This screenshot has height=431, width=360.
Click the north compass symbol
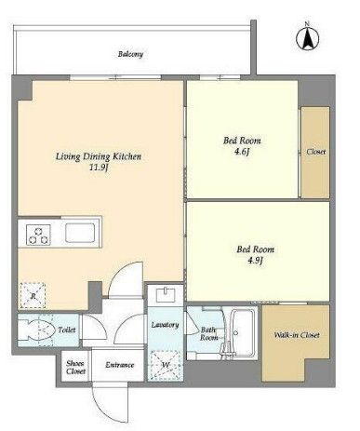[x=307, y=38]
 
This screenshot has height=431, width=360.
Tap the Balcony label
[x=130, y=54]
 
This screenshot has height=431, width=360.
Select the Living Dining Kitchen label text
[x=99, y=156]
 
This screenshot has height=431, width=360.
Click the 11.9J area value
[x=99, y=168]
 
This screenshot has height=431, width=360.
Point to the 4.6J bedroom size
[x=242, y=152]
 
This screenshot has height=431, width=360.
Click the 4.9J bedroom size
[x=255, y=261]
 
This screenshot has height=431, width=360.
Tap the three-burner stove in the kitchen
[x=38, y=235]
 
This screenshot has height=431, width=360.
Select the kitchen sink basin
[x=80, y=233]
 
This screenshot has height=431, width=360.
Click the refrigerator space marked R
[x=33, y=296]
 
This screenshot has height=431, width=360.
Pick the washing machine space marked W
[x=166, y=365]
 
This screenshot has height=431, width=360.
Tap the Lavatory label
[x=165, y=325]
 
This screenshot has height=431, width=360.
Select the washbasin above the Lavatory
[x=166, y=295]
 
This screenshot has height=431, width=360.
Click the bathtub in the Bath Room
[x=244, y=332]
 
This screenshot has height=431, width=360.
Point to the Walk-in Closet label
[x=297, y=335]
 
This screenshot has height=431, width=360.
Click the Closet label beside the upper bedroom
[x=316, y=152]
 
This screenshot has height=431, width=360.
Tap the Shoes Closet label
[x=75, y=367]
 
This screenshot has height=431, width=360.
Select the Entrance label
[x=120, y=365]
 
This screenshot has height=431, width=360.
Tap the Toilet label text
[x=67, y=330]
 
